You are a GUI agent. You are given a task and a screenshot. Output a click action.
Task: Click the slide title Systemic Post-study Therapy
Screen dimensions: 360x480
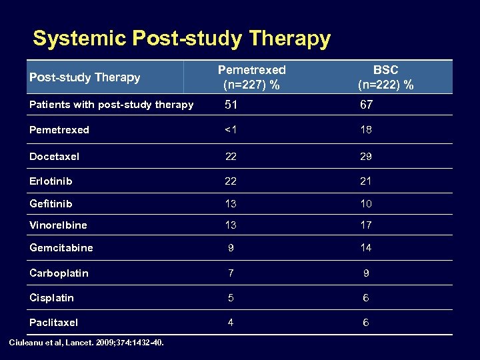(181, 39)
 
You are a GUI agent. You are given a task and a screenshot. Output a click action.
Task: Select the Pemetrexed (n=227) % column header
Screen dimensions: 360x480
(252, 77)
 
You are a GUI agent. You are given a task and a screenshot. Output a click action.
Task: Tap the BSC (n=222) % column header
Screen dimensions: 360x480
(385, 77)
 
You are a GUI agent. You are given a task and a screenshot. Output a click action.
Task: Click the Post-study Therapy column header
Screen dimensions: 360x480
(85, 77)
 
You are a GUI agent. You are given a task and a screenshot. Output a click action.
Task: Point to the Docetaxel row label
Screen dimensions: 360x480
(54, 157)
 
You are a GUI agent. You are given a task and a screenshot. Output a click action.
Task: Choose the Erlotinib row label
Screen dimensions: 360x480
(51, 181)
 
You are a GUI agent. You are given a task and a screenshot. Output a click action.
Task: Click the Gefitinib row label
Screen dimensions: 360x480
(51, 203)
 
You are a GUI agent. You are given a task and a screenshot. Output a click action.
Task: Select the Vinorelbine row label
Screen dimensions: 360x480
(58, 225)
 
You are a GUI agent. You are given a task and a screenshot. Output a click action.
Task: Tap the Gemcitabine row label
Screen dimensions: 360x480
(61, 248)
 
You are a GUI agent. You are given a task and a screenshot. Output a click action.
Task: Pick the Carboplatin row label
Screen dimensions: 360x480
(59, 273)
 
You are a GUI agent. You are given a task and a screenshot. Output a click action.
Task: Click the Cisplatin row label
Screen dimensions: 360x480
(51, 298)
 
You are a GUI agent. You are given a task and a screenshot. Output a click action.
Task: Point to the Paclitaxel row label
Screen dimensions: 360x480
(53, 323)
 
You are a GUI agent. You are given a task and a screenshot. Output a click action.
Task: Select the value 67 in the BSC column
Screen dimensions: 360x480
(366, 105)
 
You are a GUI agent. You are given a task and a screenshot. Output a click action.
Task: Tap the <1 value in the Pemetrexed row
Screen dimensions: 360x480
(231, 130)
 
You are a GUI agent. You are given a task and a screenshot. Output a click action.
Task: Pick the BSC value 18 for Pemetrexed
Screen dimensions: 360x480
(366, 130)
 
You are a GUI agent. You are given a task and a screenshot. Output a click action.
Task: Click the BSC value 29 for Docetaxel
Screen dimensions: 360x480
(366, 157)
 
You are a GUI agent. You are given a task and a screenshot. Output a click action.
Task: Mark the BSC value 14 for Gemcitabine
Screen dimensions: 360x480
(366, 248)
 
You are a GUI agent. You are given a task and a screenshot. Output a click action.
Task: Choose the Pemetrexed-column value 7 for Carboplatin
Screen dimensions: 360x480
(231, 273)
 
